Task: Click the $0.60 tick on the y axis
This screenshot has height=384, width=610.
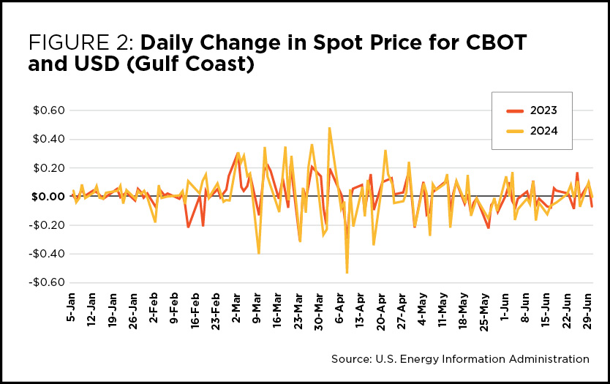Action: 48,110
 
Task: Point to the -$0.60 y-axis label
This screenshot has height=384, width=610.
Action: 47,282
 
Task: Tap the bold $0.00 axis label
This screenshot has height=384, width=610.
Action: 48,197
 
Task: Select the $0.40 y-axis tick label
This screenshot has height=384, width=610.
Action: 48,139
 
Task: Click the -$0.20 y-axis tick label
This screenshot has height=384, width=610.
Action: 47,225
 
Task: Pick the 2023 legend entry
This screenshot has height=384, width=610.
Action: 532,110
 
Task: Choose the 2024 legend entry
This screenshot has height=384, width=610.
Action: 532,131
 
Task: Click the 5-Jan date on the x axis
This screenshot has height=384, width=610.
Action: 71,307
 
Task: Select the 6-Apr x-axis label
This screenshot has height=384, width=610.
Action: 339,308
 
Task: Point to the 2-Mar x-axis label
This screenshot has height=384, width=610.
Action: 236,308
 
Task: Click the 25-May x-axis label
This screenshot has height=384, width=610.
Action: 484,312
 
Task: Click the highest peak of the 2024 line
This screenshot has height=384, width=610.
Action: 330,128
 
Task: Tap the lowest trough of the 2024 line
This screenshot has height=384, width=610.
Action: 347,273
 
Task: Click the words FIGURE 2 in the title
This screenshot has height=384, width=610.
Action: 81,42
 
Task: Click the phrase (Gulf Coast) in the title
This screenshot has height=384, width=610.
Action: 191,64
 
